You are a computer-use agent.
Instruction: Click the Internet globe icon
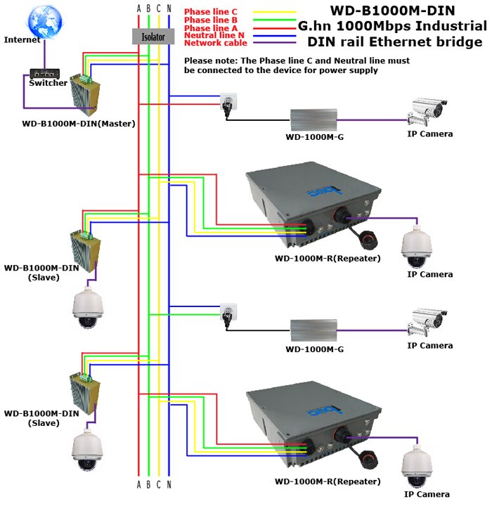tap(45, 22)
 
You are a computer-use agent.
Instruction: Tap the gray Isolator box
tap(153, 37)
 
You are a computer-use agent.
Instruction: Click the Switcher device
tap(45, 74)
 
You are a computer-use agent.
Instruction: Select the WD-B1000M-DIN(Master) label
tap(79, 124)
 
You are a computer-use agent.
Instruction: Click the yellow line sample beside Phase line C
tap(274, 12)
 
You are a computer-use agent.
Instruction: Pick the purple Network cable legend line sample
tap(274, 43)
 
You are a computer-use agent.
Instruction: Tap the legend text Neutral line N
tap(214, 35)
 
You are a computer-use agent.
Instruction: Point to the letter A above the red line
tap(139, 8)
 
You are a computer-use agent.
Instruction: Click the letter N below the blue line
tap(169, 485)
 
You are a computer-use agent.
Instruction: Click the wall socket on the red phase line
tap(228, 102)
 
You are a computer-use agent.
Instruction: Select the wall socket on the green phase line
tap(228, 312)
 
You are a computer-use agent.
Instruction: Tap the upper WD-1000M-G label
tap(315, 137)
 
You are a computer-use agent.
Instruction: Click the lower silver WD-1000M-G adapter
tap(313, 330)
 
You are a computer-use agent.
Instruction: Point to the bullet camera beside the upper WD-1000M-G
tap(427, 111)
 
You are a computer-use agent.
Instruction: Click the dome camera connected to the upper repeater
tap(417, 247)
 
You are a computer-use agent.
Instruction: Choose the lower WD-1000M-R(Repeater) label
tap(328, 482)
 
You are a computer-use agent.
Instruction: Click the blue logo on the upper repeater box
tap(325, 192)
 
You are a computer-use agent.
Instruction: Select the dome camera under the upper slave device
tap(87, 307)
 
